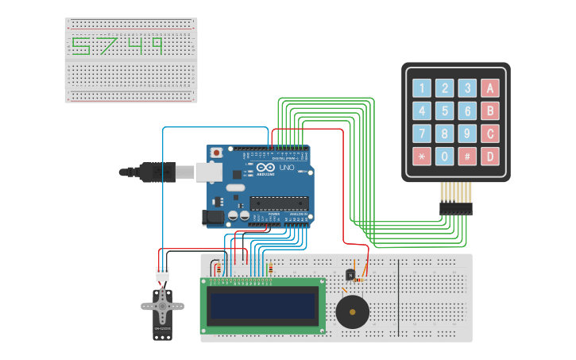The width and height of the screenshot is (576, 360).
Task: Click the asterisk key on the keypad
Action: pos(421,156)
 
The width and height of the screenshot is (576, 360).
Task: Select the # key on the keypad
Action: pos(467,156)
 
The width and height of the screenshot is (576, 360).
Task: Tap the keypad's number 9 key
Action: pos(467,134)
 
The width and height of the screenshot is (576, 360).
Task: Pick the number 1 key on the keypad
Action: pos(421,88)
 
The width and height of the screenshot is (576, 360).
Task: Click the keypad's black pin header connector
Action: pos(455,208)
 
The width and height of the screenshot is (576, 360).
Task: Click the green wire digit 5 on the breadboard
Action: pos(81,46)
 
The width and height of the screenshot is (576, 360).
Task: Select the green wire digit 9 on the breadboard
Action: pos(157,46)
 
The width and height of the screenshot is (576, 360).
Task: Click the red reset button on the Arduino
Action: pos(215,152)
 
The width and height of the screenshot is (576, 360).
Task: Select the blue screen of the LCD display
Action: pos(262,305)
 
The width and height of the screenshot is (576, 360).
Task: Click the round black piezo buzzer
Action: pos(352,312)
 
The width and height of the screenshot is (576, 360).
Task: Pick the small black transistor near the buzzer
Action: pos(350,275)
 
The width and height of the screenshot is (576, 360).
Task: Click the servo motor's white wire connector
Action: pos(162,273)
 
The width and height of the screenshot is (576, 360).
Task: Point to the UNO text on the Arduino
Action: pos(286,168)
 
